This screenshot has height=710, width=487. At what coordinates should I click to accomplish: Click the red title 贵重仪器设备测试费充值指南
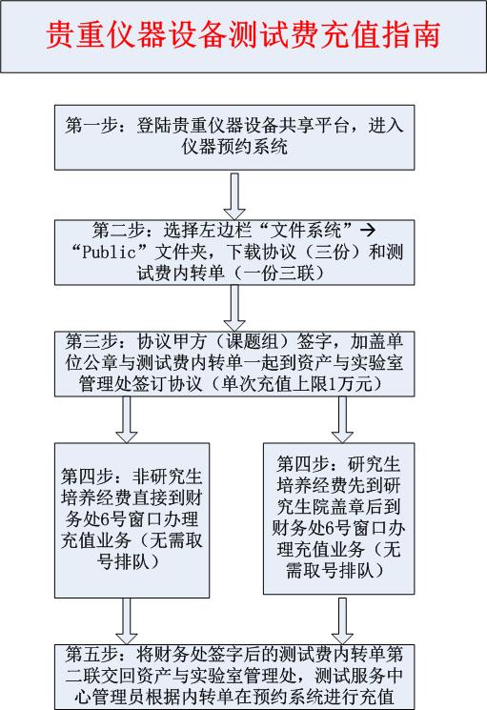pyautogui.click(x=243, y=35)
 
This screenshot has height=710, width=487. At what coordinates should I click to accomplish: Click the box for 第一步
pyautogui.click(x=234, y=137)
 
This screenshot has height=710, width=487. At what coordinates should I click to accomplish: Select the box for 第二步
pyautogui.click(x=234, y=253)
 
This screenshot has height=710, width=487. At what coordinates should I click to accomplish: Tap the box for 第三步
pyautogui.click(x=234, y=364)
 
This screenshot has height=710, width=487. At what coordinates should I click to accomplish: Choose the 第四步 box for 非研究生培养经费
pyautogui.click(x=132, y=520)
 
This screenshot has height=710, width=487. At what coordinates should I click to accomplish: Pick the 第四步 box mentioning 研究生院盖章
pyautogui.click(x=339, y=518)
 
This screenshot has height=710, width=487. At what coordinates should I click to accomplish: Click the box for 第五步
pyautogui.click(x=234, y=677)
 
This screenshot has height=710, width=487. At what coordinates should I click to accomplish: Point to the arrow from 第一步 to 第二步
pyautogui.click(x=234, y=196)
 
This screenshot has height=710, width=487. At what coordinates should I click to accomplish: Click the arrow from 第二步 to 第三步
pyautogui.click(x=234, y=308)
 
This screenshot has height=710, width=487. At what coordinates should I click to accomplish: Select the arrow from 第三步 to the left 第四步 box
pyautogui.click(x=126, y=419)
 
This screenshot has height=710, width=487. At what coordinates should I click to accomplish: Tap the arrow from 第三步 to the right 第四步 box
pyautogui.click(x=342, y=419)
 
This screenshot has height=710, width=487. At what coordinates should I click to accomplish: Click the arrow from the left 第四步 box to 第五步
pyautogui.click(x=126, y=620)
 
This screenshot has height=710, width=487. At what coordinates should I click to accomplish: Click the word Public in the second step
pyautogui.click(x=109, y=253)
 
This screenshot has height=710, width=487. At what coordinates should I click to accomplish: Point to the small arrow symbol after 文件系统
pyautogui.click(x=368, y=231)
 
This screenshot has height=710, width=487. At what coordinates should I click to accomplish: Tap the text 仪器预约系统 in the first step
pyautogui.click(x=234, y=147)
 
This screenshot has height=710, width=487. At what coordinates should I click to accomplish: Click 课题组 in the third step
pyautogui.click(x=253, y=342)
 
